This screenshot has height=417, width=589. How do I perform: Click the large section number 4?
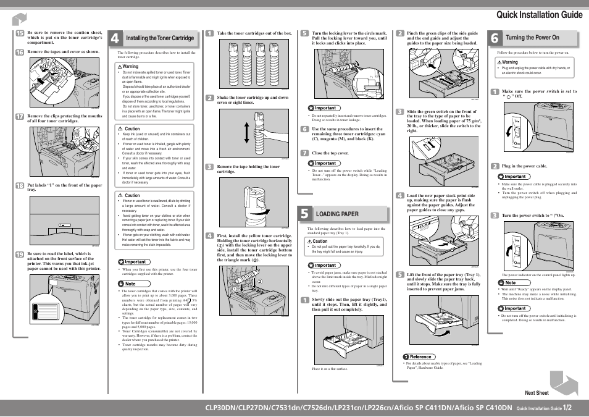coord(115,38)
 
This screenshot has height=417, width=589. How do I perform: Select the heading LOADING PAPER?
coord(337,214)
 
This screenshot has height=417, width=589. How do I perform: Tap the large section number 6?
coord(496,38)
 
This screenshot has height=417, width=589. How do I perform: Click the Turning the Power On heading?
coord(532,38)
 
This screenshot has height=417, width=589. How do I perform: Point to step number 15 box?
coord(20,33)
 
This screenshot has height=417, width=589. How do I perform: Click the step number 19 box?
coord(20,255)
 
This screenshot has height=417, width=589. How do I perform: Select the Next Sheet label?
coord(537,393)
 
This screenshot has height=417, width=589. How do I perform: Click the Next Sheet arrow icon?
coord(563,382)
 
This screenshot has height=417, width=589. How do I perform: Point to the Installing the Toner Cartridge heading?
coord(160,38)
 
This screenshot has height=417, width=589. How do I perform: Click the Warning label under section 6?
coord(508,62)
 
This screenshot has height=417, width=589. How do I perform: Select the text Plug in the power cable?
coord(524,166)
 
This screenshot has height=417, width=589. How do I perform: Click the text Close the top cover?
coord(330,153)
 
